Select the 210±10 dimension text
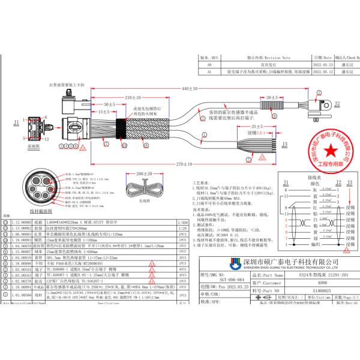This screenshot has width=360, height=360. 133,97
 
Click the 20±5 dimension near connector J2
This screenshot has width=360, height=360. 271,97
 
